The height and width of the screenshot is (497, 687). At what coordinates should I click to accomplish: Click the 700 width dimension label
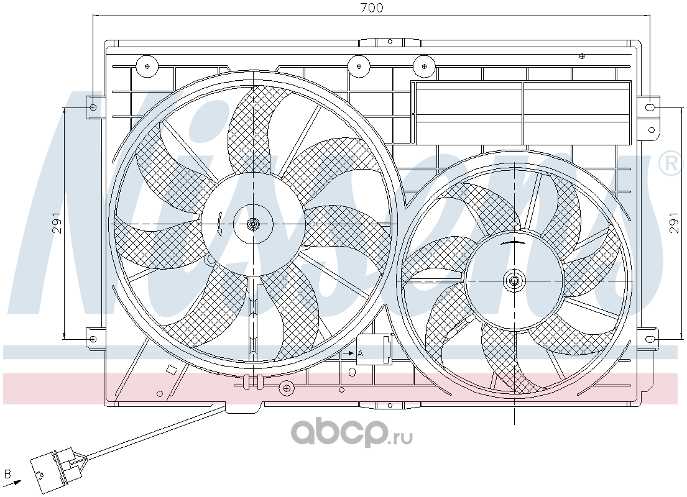point(372,8)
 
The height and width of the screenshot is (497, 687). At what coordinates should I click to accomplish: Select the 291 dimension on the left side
point(57,223)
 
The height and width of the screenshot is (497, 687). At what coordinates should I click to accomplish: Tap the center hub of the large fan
point(253,224)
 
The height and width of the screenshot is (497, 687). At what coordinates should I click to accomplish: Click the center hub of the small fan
point(514,281)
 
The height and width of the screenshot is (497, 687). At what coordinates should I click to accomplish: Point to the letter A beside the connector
point(360,352)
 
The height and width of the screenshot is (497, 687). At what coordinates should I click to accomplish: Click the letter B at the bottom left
point(7,473)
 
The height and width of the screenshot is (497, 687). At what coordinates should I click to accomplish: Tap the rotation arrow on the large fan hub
point(219,224)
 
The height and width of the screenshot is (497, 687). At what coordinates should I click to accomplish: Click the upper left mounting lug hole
point(93,107)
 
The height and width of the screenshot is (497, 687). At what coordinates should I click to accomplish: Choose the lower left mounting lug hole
point(93,339)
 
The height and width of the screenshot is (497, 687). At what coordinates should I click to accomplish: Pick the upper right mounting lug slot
point(651,107)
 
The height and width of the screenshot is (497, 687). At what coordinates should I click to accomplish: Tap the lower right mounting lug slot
point(651,339)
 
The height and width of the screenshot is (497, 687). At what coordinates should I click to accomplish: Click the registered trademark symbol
point(670,163)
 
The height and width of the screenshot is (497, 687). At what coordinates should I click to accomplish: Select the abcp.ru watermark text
point(352,432)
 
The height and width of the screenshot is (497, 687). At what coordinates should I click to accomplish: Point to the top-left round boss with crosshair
point(147,66)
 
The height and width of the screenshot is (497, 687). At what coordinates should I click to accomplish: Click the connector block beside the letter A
point(374,349)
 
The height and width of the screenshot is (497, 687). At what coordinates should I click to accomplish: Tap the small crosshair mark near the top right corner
point(582,56)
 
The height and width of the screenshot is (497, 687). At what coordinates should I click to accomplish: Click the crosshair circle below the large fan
point(286,388)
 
